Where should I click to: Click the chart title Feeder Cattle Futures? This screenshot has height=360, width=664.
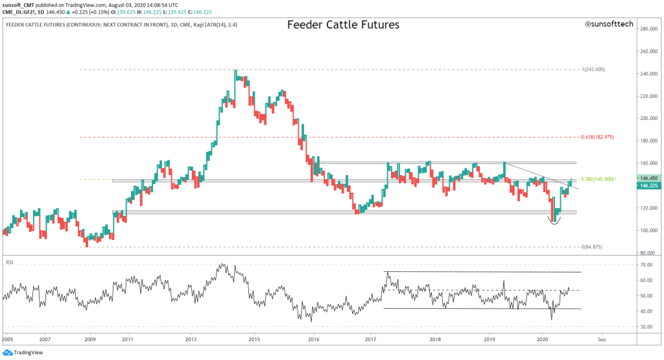(x=343, y=25)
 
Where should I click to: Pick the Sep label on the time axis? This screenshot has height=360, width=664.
(x=601, y=339)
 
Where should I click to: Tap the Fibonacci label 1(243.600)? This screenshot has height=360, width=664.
(x=593, y=69)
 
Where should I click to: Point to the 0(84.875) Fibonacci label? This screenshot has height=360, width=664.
(x=593, y=246)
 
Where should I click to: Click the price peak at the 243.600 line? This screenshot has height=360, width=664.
(x=235, y=71)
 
